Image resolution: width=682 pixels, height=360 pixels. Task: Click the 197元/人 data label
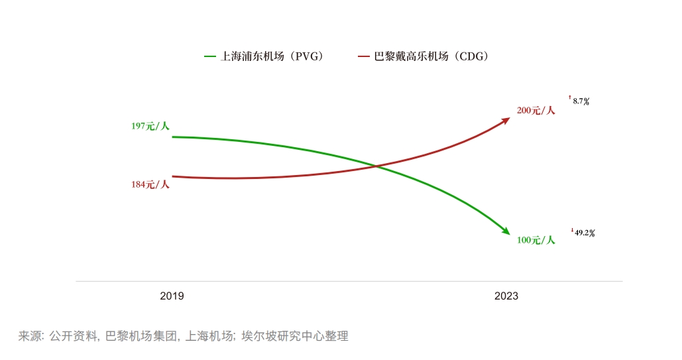(150, 126)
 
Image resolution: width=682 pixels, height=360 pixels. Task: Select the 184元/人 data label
(150, 184)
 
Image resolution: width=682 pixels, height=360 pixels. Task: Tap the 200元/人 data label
(536, 111)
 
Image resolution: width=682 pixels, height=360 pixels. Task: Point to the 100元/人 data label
(536, 240)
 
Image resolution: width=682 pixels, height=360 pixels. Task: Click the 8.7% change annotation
(581, 101)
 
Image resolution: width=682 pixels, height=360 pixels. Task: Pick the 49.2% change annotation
(584, 233)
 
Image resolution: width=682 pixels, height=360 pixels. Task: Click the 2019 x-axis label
(172, 296)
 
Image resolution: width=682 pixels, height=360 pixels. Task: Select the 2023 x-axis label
(506, 296)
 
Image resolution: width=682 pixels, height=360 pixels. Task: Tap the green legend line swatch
(210, 57)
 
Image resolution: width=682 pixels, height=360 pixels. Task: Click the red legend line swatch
(363, 57)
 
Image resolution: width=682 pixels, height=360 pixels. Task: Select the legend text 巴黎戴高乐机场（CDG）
(431, 57)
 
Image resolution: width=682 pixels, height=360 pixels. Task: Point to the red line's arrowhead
(506, 120)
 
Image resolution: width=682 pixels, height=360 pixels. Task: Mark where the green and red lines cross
(377, 166)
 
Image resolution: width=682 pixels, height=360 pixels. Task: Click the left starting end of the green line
(173, 137)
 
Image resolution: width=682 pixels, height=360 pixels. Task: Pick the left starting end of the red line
(173, 176)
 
